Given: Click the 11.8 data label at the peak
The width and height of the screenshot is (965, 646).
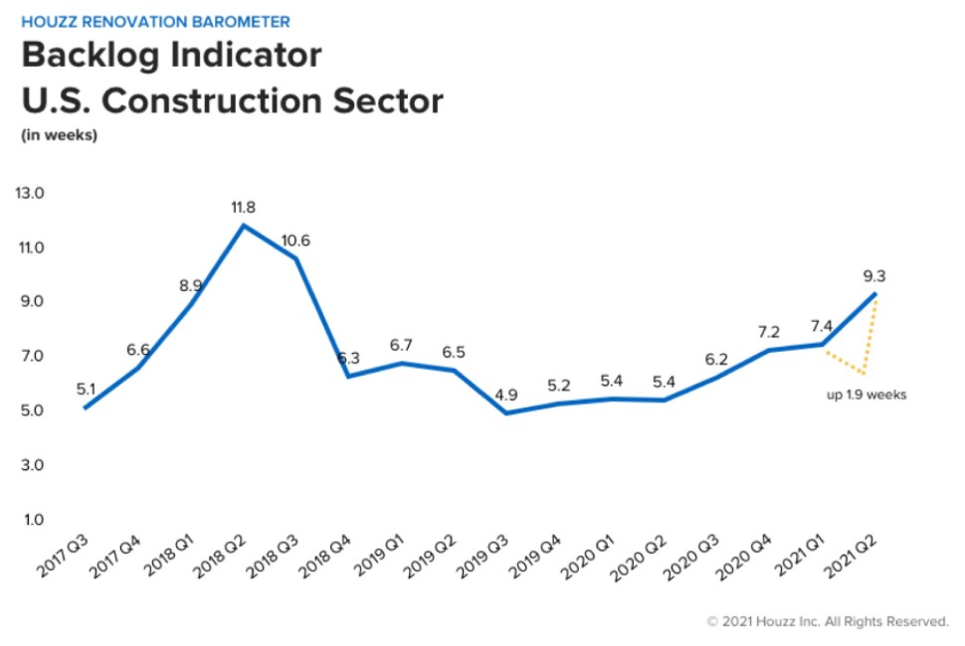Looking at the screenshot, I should (x=244, y=208).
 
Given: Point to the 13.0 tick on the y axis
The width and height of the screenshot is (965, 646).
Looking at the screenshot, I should (x=30, y=193).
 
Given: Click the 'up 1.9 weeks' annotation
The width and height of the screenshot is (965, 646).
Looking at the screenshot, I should (x=866, y=395).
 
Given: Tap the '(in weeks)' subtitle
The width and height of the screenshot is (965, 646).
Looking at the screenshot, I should (x=60, y=136).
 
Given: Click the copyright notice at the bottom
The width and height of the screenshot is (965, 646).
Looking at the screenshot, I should (x=827, y=621).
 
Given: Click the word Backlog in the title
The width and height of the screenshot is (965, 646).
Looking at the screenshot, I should (x=89, y=56).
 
